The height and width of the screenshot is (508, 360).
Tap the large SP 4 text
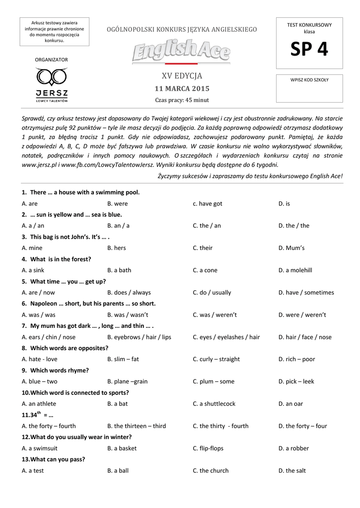coord(309,50)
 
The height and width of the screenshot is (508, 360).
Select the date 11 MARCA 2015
coord(182,89)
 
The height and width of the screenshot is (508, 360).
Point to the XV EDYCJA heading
coord(182,76)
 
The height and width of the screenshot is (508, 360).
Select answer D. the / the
coord(297,226)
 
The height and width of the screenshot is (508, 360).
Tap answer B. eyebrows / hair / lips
coord(139,337)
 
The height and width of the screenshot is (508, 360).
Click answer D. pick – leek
coord(296,381)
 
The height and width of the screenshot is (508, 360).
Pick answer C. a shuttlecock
coord(214,404)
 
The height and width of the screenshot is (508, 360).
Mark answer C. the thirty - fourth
coord(220,426)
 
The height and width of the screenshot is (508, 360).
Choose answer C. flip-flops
coord(208,448)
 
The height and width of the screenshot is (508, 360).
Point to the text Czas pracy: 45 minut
coord(182,100)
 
